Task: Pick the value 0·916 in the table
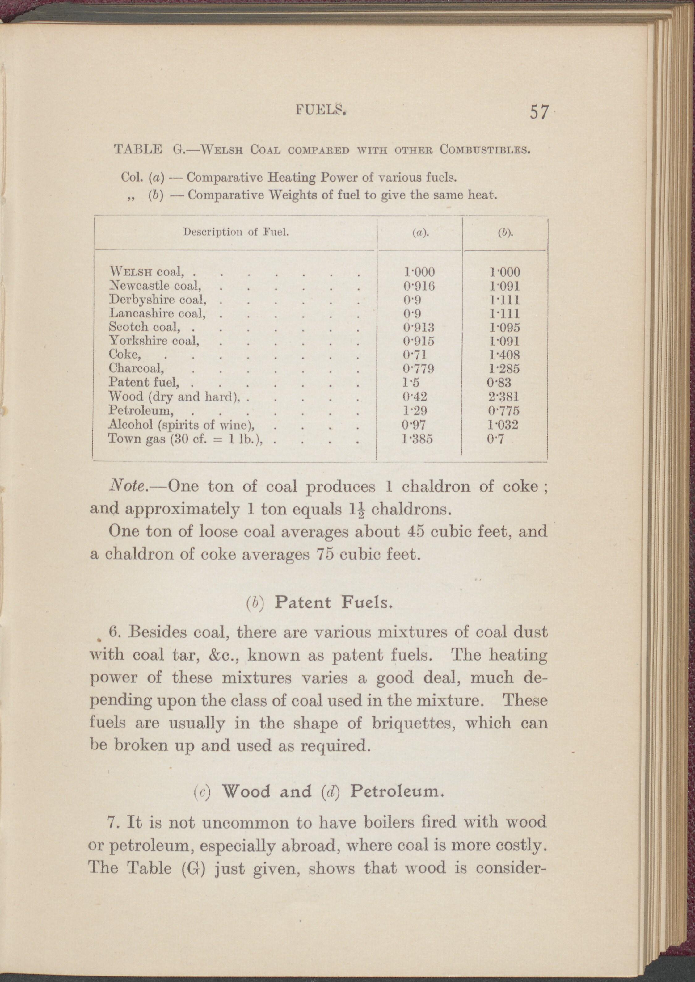click(419, 286)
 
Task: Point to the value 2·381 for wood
click(503, 397)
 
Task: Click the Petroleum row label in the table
click(141, 410)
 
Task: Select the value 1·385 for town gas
click(418, 439)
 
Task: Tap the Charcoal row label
click(137, 368)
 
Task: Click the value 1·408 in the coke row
click(504, 355)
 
